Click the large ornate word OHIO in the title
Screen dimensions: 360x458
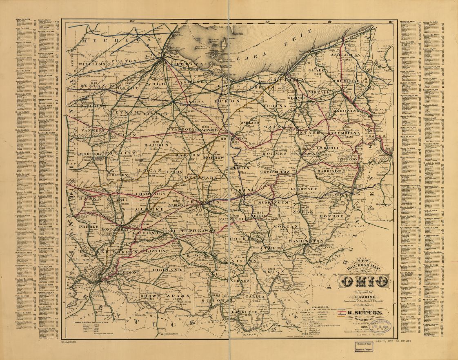click(x=365, y=281)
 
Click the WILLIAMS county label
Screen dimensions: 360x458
click(x=92, y=64)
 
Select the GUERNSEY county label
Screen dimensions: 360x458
click(x=304, y=189)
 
